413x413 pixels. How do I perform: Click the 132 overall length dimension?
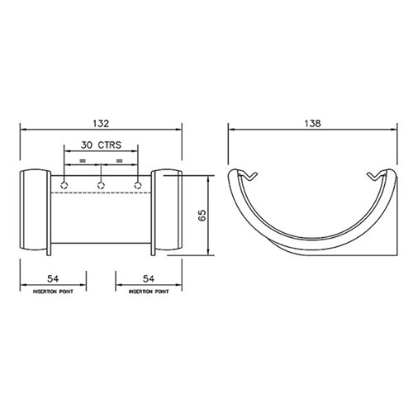[x=101, y=123]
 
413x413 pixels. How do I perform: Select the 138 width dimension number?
[x=313, y=123]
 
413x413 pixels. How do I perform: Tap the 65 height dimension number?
[x=202, y=216]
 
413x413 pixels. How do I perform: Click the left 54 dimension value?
[x=53, y=278]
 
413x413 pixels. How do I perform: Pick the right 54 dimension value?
[x=149, y=278]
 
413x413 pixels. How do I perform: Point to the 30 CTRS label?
[x=101, y=145]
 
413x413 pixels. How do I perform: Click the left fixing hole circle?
[x=64, y=185]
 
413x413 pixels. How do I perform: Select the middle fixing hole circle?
[x=101, y=185]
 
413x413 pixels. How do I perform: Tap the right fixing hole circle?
[x=138, y=185]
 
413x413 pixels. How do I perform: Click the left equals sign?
[x=83, y=160]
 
